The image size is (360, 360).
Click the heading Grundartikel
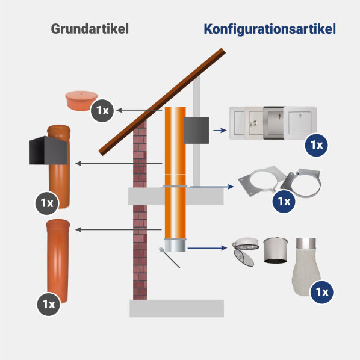click(90, 29)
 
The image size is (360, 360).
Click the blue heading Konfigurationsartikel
click(270, 29)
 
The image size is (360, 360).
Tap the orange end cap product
click(81, 101)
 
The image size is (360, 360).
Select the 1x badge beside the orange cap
click(102, 111)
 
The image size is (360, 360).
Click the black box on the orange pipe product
click(48, 151)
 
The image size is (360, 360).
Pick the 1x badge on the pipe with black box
click(47, 203)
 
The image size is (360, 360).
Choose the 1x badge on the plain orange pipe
click(49, 305)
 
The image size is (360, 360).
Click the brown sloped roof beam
click(162, 102)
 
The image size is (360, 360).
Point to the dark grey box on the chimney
click(196, 131)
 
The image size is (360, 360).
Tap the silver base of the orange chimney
click(175, 245)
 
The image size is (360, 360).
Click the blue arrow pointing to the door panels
click(220, 131)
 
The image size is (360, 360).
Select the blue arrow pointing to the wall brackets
click(212, 187)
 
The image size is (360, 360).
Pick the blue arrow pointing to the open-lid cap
click(207, 248)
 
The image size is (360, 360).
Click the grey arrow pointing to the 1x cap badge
click(139, 110)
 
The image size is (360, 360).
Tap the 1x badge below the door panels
click(317, 145)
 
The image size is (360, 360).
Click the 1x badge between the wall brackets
click(284, 201)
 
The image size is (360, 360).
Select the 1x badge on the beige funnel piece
click(321, 292)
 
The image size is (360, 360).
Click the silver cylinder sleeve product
click(275, 250)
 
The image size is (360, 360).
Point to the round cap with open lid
click(245, 252)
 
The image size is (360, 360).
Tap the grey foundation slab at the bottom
click(177, 308)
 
